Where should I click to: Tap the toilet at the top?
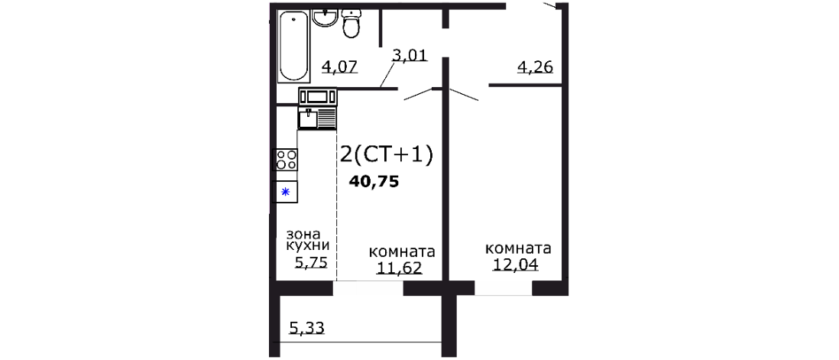pyautogui.click(x=351, y=24)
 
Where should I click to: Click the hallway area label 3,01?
pyautogui.click(x=409, y=54)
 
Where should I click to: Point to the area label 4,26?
pyautogui.click(x=535, y=67)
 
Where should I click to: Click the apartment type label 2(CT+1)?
pyautogui.click(x=386, y=155)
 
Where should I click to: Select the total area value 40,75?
pyautogui.click(x=374, y=182)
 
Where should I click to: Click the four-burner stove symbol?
pyautogui.click(x=287, y=159)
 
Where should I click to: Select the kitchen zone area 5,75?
pyautogui.click(x=311, y=263)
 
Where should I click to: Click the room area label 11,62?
pyautogui.click(x=399, y=268)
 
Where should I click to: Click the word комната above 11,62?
pyautogui.click(x=402, y=252)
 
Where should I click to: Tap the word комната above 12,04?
pyautogui.click(x=518, y=249)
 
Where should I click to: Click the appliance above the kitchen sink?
pyautogui.click(x=317, y=96)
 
